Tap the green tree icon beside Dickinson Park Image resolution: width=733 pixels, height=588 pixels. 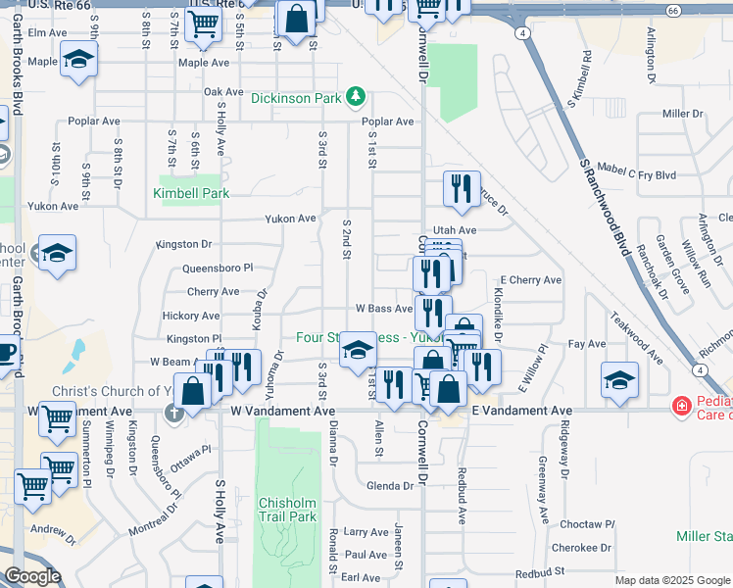click(359, 97)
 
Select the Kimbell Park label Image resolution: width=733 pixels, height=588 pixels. click(191, 194)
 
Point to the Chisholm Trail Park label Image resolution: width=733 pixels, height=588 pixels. click(287, 510)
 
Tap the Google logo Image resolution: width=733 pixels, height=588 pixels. click(32, 576)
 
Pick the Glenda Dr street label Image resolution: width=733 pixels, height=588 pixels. click(389, 486)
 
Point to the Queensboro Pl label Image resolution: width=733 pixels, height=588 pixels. click(218, 268)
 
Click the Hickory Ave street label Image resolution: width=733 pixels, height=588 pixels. click(191, 316)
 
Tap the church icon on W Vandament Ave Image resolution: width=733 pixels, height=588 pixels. click(174, 412)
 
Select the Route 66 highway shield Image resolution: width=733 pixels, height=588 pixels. click(672, 11)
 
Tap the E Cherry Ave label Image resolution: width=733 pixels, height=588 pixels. click(531, 280)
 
